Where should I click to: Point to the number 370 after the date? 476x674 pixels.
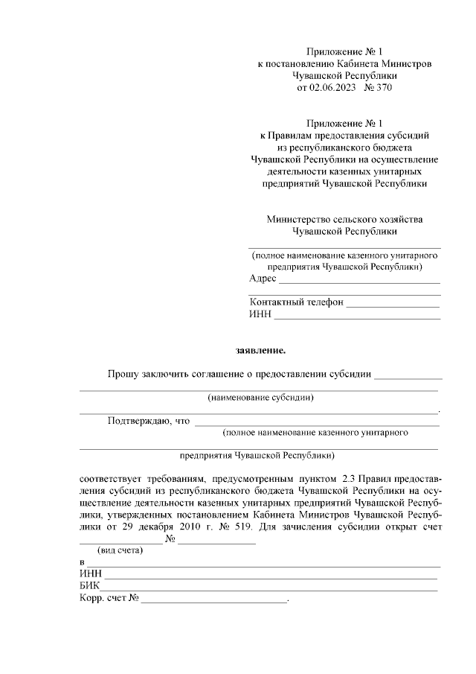[x=381, y=88]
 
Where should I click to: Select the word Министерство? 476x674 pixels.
[x=300, y=220]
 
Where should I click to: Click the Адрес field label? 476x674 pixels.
[x=263, y=279]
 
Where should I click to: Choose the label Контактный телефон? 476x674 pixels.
[x=296, y=302]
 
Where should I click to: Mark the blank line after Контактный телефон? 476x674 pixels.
[x=392, y=305]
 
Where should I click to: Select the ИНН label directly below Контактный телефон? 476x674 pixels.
[x=260, y=315]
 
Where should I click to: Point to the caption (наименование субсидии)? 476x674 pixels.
[x=260, y=398]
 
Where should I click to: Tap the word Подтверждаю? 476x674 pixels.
[x=138, y=421]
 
